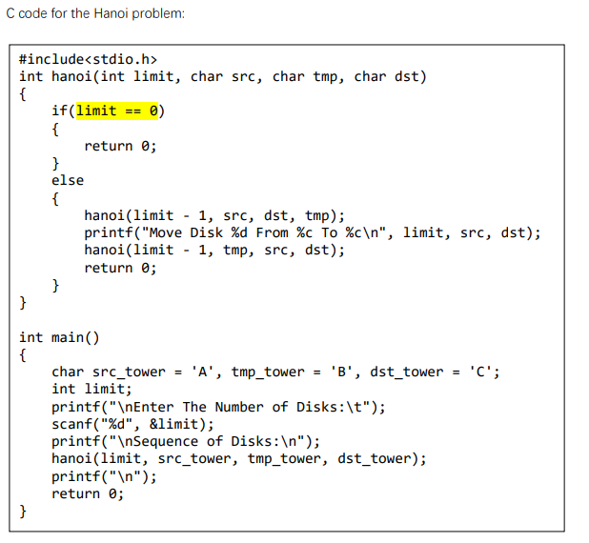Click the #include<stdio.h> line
click(88, 59)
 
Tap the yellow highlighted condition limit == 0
click(117, 111)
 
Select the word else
click(68, 181)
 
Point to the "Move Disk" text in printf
click(186, 232)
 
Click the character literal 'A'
click(202, 372)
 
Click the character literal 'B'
click(341, 372)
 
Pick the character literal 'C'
click(480, 372)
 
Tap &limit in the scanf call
click(173, 424)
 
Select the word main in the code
click(68, 337)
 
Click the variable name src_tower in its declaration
click(129, 372)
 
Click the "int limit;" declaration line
click(92, 389)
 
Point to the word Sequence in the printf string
click(166, 442)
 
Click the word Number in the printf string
click(239, 407)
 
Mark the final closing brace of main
click(23, 511)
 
